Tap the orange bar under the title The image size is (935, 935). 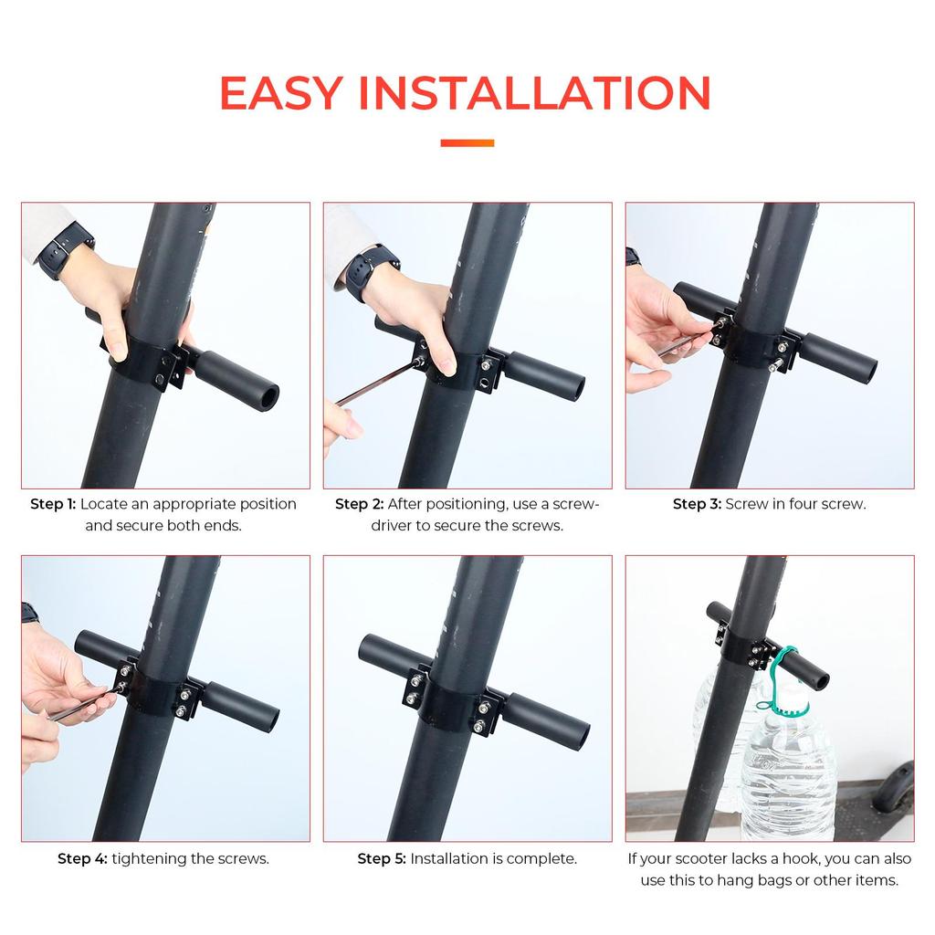tap(467, 143)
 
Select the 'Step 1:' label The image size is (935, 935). tap(53, 504)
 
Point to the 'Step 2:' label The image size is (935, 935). tap(359, 504)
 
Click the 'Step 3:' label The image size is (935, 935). tap(697, 504)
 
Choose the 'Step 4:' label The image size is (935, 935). tap(82, 858)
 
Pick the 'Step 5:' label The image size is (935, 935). tap(382, 858)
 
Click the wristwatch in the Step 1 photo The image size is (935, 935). tap(65, 250)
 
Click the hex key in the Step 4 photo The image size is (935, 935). tap(83, 704)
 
